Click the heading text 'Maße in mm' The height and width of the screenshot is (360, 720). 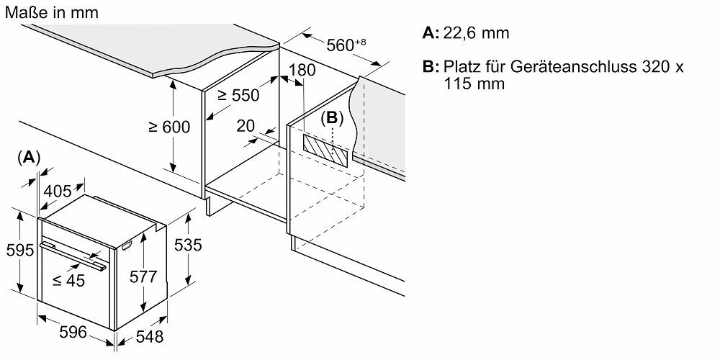pos(50,13)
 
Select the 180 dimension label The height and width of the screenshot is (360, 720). pos(302,71)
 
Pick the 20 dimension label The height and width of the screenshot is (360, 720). pos(246,125)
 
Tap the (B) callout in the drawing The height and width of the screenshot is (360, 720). pos(332,117)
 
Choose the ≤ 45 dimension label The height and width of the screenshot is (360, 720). pos(68,281)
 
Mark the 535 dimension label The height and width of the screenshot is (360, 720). pos(188,245)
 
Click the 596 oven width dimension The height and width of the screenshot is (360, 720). pos(73,332)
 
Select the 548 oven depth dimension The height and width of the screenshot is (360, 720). pos(149,336)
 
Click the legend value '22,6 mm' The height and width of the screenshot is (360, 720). pos(476,33)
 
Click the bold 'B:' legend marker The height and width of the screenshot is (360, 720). pos(431,67)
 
